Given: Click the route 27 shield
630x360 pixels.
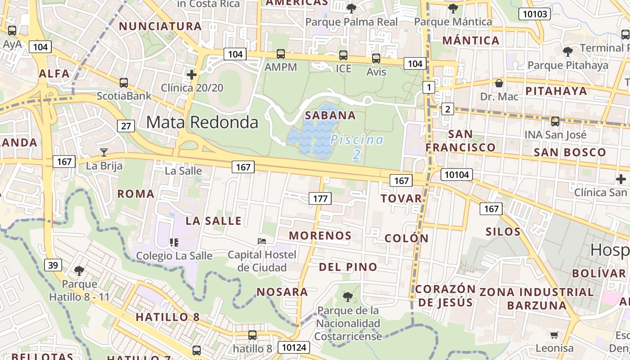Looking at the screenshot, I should point(126,126).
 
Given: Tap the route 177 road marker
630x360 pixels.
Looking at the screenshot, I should point(320,198).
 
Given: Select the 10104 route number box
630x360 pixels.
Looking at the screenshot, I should point(456,175).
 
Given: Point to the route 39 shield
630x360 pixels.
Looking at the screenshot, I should point(53,265).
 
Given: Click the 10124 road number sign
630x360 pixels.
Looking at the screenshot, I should point(294,347).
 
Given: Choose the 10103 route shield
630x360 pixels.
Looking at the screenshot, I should point(535,14).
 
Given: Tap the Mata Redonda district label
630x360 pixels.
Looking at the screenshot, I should point(202,122).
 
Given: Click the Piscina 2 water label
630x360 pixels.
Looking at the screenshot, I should point(357,147).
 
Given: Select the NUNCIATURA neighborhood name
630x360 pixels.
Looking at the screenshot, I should point(160,26).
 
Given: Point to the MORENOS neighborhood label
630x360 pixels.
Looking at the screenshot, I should point(320,235).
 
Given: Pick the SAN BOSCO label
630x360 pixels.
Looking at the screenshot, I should point(570,152).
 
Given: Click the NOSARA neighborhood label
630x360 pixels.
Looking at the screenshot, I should point(282,292).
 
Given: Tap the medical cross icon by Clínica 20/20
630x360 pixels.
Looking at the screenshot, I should point(192,74).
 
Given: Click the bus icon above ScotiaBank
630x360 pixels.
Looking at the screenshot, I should point(123,83).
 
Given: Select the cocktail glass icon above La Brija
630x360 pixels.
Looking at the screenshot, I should point(104,153).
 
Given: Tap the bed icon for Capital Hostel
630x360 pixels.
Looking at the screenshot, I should point(262,241).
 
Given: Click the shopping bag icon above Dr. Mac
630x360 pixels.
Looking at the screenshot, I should point(499,83).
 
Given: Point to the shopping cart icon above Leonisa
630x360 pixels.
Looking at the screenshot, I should point(554,335).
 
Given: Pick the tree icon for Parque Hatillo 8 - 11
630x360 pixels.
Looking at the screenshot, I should point(79,271).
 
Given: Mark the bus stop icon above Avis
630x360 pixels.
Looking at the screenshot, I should point(376,58).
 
